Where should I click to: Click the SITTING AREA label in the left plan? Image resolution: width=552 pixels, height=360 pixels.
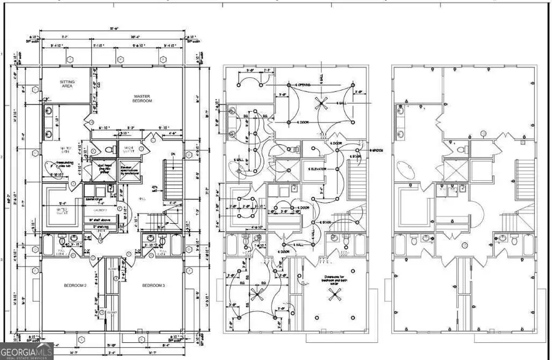coord(67,84)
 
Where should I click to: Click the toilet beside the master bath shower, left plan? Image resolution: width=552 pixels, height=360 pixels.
coord(111,150)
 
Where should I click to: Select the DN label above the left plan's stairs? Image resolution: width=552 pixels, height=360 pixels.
coord(174,155)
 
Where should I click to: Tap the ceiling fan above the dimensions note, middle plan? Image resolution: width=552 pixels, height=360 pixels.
coord(335,295)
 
